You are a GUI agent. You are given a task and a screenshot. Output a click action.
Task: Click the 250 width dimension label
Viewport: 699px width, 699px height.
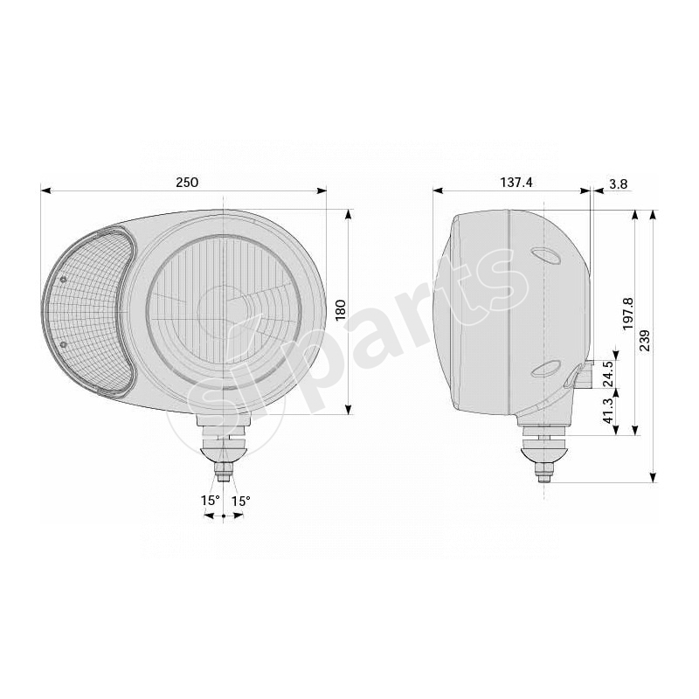point(187,182)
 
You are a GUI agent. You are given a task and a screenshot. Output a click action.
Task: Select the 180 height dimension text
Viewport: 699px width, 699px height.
point(341,310)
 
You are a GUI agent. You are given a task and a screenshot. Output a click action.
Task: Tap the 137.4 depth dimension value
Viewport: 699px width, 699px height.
point(516,182)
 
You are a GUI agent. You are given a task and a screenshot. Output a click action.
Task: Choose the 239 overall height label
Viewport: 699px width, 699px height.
point(645,341)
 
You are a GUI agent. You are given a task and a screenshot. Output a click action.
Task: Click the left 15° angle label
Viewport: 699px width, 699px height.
point(210,501)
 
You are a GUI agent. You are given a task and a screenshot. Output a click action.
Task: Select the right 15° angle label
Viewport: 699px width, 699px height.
point(240,501)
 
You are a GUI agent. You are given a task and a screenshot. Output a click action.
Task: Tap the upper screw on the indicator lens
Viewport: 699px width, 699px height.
point(64,280)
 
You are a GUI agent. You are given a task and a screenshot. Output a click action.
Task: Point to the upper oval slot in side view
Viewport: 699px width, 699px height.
point(544,255)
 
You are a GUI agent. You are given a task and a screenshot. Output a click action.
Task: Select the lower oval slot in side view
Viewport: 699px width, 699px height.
point(544,367)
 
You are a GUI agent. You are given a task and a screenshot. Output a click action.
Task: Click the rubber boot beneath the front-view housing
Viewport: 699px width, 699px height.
point(225,448)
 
